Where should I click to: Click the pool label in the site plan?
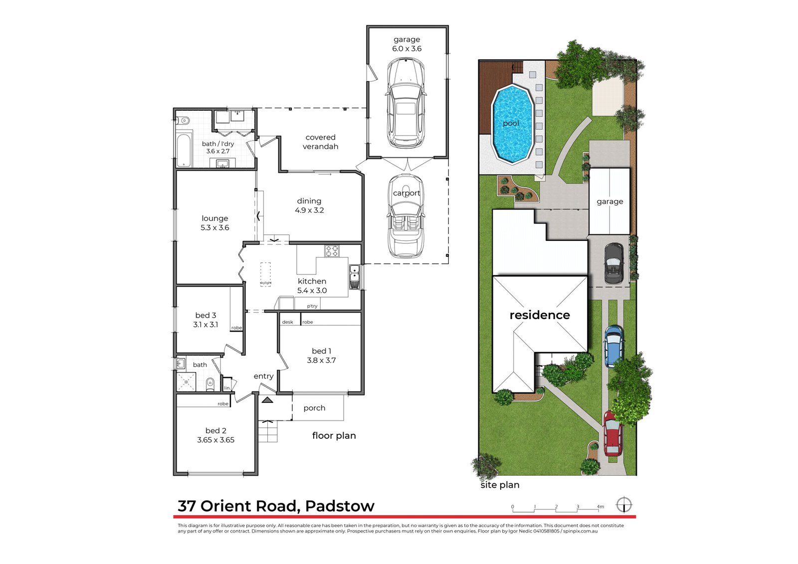pyautogui.click(x=511, y=123)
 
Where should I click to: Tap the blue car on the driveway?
pyautogui.click(x=613, y=346)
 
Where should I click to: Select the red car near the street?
pyautogui.click(x=613, y=433)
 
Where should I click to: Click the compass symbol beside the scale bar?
pyautogui.click(x=623, y=505)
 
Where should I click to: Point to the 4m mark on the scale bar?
pyautogui.click(x=600, y=507)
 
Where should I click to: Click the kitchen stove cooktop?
pyautogui.click(x=332, y=251)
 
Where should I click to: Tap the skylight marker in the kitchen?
pyautogui.click(x=265, y=274)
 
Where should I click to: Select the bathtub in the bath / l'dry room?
pyautogui.click(x=184, y=150)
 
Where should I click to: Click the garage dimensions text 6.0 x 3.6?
pyautogui.click(x=406, y=49)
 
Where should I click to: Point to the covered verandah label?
pyautogui.click(x=320, y=142)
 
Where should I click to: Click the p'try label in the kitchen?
pyautogui.click(x=312, y=306)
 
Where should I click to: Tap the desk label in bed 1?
pyautogui.click(x=288, y=322)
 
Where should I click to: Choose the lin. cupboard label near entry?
pyautogui.click(x=227, y=387)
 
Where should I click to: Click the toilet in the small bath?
pyautogui.click(x=210, y=383)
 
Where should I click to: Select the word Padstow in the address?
pyautogui.click(x=340, y=506)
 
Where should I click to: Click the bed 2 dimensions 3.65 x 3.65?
pyautogui.click(x=215, y=440)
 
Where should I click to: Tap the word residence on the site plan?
pyautogui.click(x=540, y=315)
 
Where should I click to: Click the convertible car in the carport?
pyautogui.click(x=406, y=215)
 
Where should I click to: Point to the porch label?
pyautogui.click(x=314, y=408)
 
